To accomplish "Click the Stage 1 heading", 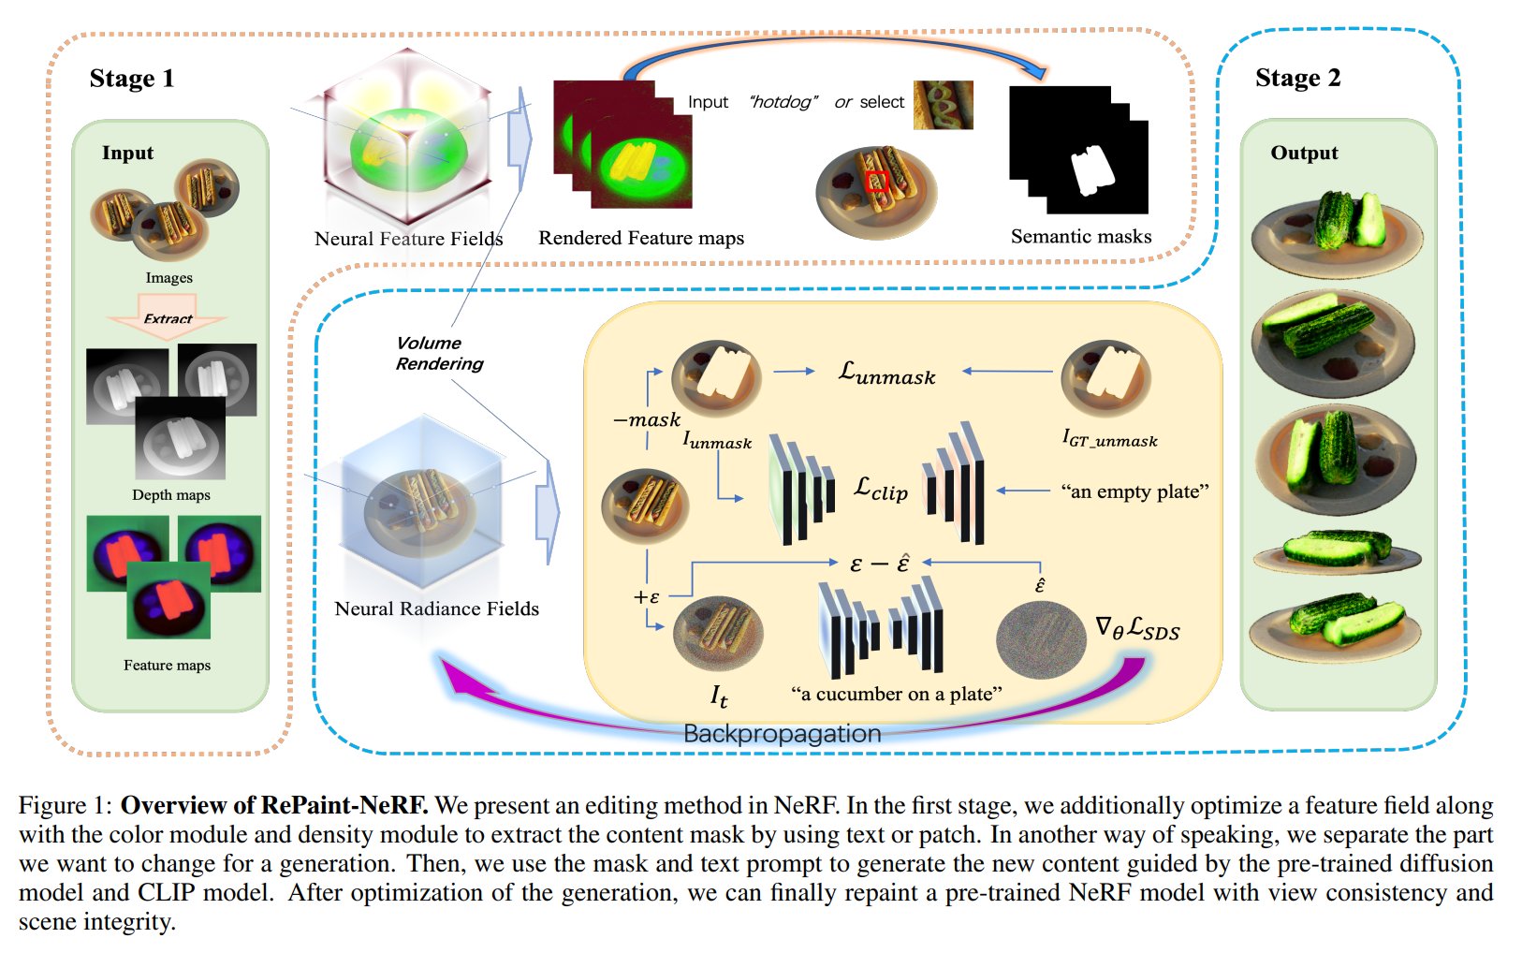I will [131, 79].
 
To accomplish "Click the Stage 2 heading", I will [1297, 79].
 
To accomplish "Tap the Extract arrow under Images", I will [168, 316].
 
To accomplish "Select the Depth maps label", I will [171, 495].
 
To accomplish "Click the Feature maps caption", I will [167, 666].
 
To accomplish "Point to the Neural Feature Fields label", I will [408, 239].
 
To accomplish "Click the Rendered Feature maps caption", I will [641, 238].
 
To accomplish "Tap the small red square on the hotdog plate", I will [876, 181].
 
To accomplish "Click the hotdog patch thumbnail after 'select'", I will [943, 104].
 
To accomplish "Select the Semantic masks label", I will [1081, 237].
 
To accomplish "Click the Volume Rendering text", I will [438, 353].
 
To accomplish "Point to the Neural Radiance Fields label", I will [436, 608].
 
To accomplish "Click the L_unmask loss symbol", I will [886, 374].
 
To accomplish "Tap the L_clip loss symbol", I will [880, 489].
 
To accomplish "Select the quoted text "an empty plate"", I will [1134, 491].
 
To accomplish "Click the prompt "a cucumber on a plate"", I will [896, 694].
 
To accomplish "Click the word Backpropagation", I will [782, 733].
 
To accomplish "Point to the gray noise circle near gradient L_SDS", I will [1040, 640].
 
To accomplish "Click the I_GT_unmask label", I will [1109, 438].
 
